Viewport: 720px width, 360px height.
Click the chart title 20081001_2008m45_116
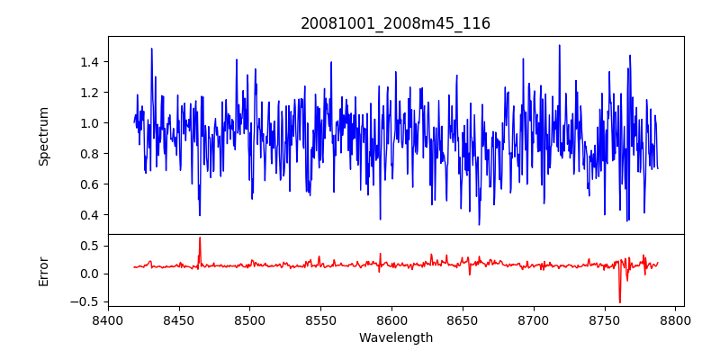[395, 23]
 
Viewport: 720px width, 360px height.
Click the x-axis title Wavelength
[395, 337]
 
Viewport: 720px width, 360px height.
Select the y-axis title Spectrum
[43, 135]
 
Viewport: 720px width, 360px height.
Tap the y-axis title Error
[43, 270]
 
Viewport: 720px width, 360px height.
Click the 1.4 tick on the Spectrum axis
[88, 62]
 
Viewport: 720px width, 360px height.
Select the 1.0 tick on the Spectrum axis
[88, 123]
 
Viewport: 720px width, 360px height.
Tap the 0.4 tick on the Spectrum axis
[88, 215]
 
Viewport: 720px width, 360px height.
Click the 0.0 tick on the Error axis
[88, 274]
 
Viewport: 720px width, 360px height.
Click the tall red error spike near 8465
[200, 238]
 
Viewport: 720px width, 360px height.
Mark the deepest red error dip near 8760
[620, 301]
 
